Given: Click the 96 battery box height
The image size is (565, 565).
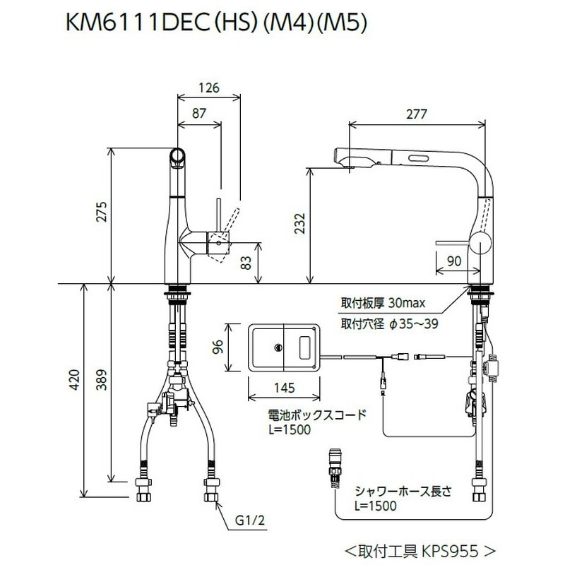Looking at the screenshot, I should (x=219, y=347).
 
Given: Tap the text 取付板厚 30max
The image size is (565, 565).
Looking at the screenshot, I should (x=382, y=304).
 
